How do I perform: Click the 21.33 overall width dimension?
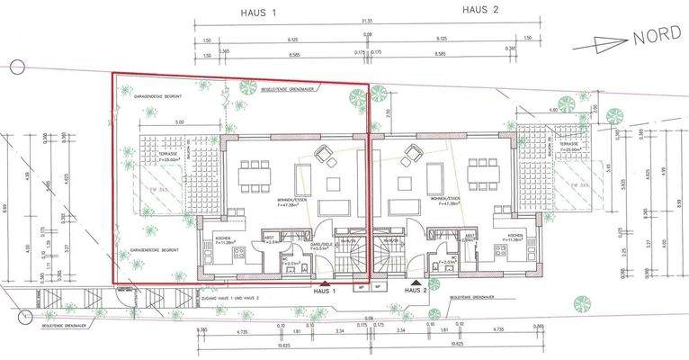pos(371,21)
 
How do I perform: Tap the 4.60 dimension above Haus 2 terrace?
pos(553,110)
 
